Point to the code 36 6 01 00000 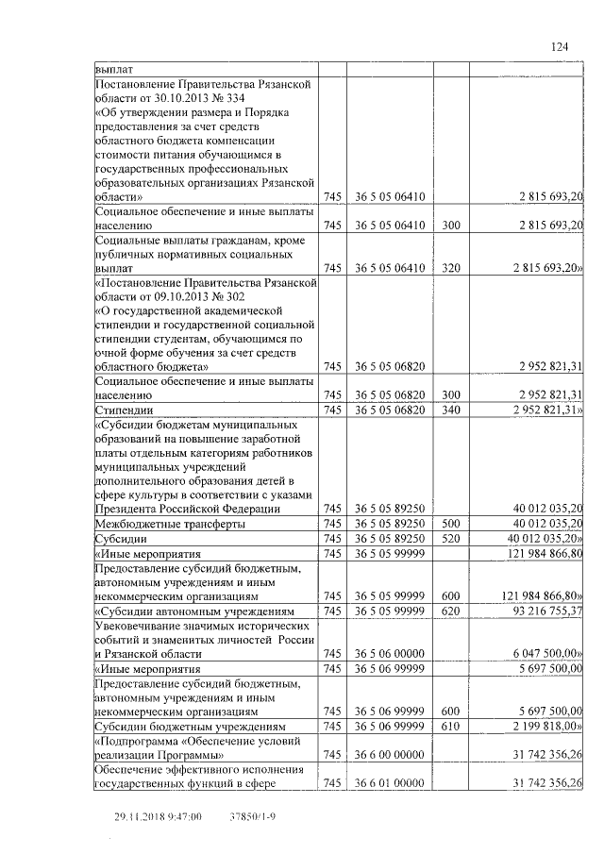[390, 783]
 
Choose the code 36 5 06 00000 [390, 653]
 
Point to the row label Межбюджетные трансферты [170, 522]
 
